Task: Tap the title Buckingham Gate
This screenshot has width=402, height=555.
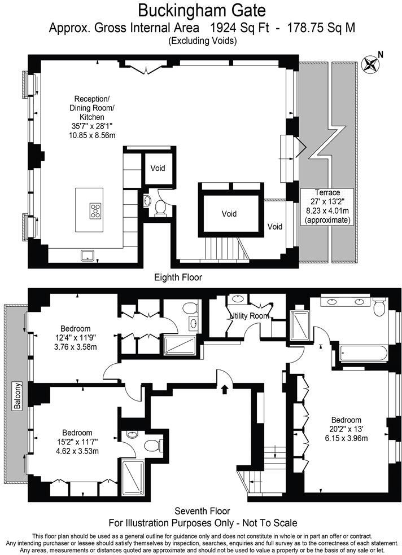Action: point(202,10)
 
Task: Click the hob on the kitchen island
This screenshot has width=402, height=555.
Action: point(95,210)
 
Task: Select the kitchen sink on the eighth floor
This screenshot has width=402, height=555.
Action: point(87,256)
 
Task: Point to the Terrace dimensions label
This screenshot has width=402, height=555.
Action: point(327,206)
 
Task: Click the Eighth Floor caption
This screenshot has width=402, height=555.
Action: point(178,277)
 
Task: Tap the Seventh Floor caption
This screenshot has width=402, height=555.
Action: point(202,511)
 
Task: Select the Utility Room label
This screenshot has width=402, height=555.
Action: point(250,316)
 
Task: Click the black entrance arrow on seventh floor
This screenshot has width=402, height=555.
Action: point(224,390)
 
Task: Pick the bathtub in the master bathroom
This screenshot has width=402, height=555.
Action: point(363,354)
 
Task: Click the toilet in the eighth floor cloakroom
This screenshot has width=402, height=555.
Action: point(161,208)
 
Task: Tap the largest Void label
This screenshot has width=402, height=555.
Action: point(229,214)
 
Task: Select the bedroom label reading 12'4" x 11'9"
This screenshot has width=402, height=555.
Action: point(75,338)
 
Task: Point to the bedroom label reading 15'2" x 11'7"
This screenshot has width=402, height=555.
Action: point(77,442)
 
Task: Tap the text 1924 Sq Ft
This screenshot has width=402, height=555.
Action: point(240,28)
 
